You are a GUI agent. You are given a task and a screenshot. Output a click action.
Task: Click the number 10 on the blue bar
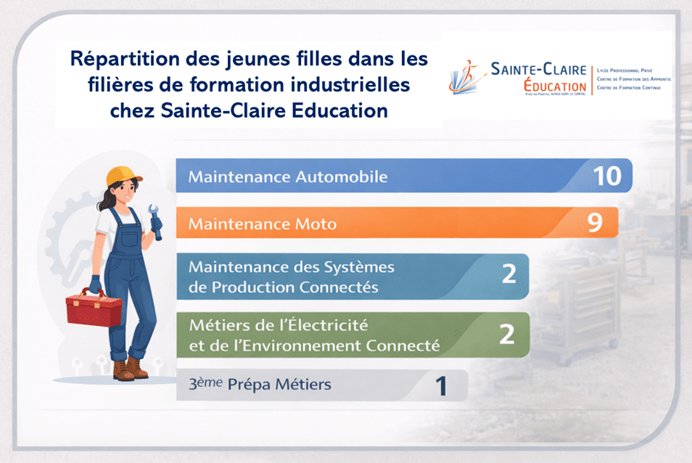pyautogui.click(x=606, y=176)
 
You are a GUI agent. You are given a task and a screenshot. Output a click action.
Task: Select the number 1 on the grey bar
pyautogui.click(x=440, y=386)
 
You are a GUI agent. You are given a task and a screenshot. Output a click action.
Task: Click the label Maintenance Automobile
pyautogui.click(x=288, y=176)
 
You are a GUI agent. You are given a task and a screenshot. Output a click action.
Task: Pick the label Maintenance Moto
pyautogui.click(x=263, y=224)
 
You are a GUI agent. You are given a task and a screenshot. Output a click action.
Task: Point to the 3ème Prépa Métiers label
pyautogui.click(x=259, y=385)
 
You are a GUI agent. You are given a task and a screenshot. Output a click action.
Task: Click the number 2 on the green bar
pyautogui.click(x=507, y=334)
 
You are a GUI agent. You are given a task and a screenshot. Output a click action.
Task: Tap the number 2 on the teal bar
pyautogui.click(x=508, y=274)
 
